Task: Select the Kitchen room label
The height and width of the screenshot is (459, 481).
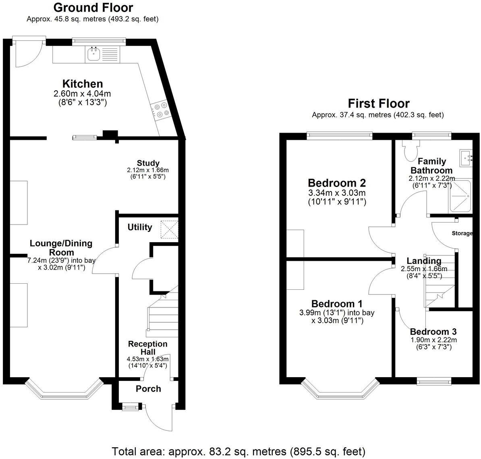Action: (x=83, y=84)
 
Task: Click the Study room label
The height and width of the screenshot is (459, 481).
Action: (x=148, y=163)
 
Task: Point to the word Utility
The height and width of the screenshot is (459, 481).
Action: (x=140, y=227)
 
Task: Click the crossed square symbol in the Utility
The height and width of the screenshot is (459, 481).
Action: (x=169, y=230)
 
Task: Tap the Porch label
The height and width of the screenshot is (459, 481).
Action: (x=148, y=389)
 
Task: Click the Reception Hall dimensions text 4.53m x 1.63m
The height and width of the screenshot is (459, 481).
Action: (x=148, y=359)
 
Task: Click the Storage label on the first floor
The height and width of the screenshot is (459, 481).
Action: (x=462, y=233)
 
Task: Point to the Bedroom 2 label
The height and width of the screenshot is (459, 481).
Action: (x=337, y=183)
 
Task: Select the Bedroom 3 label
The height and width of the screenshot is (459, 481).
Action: (x=433, y=332)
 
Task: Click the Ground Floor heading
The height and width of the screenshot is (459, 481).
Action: (x=93, y=8)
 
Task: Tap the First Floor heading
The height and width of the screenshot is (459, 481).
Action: (x=379, y=104)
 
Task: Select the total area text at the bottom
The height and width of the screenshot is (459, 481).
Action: (x=238, y=451)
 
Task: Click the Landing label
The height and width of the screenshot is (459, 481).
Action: (x=423, y=261)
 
